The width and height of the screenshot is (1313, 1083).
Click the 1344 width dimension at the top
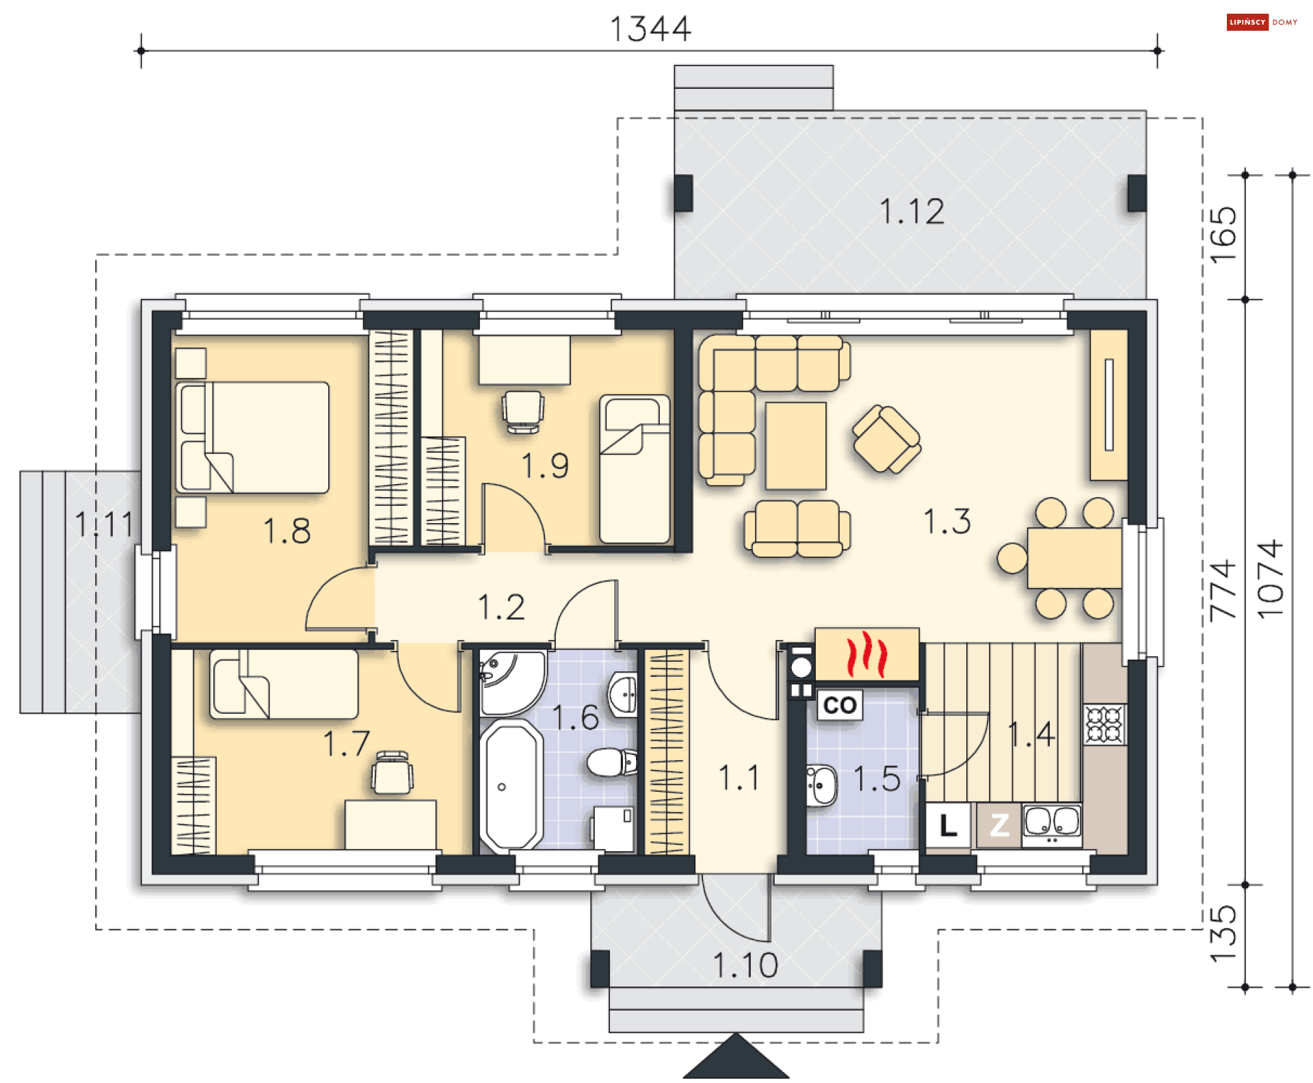650,29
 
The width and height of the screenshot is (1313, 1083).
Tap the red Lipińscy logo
1247,23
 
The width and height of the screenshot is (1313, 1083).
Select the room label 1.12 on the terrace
912,211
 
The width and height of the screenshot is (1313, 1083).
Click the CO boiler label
840,705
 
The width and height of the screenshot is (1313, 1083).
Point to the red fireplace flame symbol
866,654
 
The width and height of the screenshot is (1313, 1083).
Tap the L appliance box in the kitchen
948,825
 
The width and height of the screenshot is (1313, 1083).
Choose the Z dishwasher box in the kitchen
999,825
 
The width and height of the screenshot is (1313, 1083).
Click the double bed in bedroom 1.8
252,438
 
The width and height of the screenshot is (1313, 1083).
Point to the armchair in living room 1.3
886,438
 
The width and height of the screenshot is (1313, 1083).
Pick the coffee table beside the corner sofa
796,446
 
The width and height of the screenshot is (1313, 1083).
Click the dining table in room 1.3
1074,558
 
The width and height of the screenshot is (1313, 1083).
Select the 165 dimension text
1223,235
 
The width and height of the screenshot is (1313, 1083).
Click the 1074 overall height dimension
1271,580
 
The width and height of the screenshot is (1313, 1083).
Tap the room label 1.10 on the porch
745,965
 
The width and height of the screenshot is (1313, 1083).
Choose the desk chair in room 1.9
523,411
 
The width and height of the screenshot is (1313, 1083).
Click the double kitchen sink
1052,823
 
